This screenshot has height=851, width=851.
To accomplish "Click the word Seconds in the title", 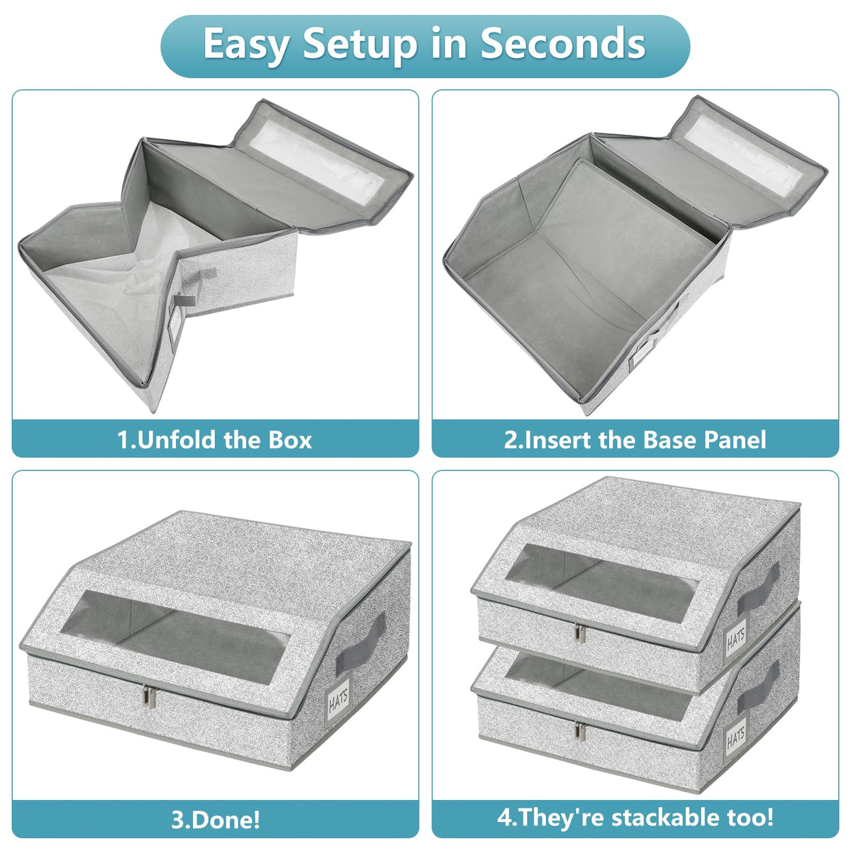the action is [x=562, y=43].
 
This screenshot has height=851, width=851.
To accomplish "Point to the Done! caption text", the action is [x=215, y=820].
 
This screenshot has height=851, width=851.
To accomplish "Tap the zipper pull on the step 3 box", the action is [x=152, y=697].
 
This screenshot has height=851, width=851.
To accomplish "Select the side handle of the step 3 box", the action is [x=360, y=642].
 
